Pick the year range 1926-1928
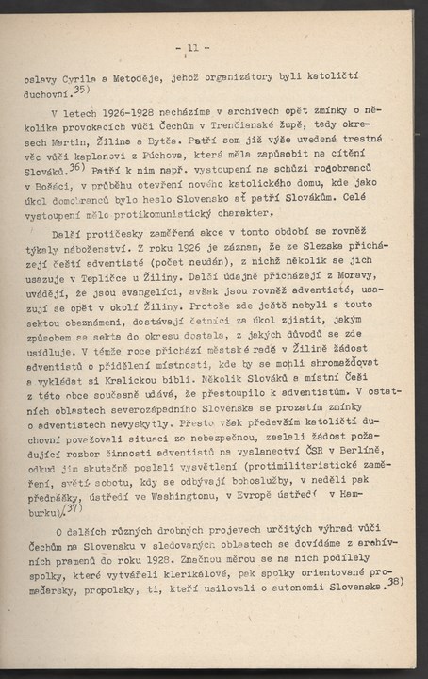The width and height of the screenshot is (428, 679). pos(111,109)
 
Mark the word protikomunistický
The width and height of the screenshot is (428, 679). pos(193,213)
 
